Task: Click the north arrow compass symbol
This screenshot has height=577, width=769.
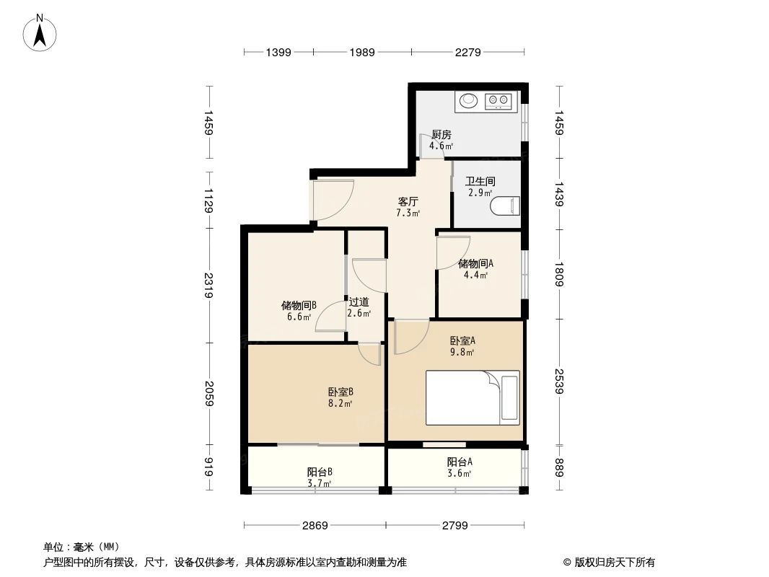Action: click(41, 32)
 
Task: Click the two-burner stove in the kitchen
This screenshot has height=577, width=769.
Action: click(498, 100)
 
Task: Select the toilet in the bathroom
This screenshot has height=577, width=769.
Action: click(504, 206)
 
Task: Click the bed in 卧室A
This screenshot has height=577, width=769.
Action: click(473, 398)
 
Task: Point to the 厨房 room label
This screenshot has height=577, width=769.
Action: click(441, 134)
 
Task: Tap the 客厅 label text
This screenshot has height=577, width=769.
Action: click(408, 201)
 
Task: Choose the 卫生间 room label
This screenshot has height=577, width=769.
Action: click(480, 182)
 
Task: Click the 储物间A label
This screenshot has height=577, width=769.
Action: click(475, 263)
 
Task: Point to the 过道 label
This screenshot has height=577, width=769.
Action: click(359, 302)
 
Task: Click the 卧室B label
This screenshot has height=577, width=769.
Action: click(340, 392)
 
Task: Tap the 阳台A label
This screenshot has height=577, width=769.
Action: click(460, 462)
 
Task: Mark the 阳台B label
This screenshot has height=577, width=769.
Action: click(320, 472)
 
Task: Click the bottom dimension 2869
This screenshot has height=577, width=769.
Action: click(315, 525)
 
